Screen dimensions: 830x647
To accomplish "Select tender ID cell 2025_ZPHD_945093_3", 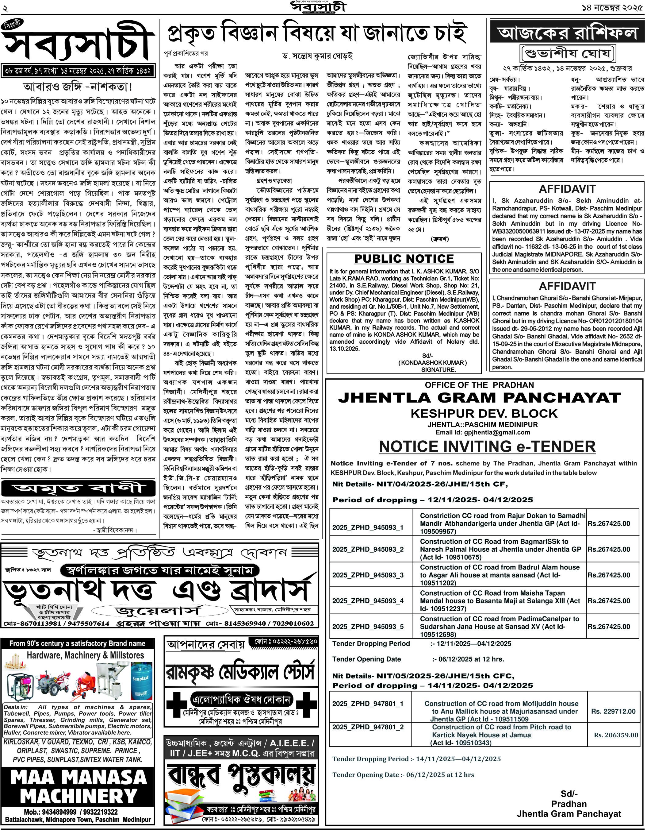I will click(368, 575).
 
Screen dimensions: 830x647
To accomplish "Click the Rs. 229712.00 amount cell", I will click(613, 711).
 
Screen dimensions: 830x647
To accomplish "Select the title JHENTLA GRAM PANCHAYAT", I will click(480, 398).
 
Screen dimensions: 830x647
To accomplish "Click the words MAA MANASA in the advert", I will click(78, 777).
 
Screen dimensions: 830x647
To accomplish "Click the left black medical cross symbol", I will click(175, 704).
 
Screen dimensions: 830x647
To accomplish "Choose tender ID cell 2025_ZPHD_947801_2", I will click(368, 727).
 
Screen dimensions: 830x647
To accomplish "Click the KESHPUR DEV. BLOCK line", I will click(484, 414).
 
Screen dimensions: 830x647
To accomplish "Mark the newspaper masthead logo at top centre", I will click(318, 7).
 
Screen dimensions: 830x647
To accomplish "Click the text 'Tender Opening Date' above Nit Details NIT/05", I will click(366, 659).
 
